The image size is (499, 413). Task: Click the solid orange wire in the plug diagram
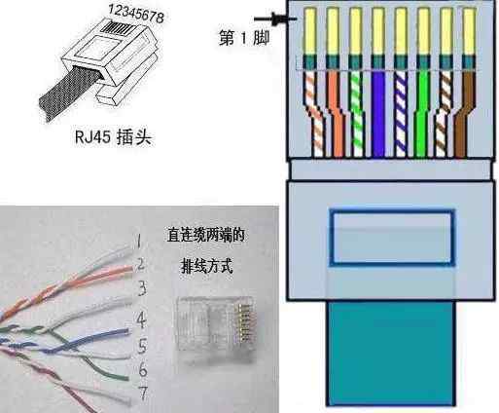[337, 114]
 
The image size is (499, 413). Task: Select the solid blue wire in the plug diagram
[378, 114]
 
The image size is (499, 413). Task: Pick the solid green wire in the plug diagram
[422, 114]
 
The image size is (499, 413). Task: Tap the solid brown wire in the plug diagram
[464, 114]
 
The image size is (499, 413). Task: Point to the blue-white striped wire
[401, 114]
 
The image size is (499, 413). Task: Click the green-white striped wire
[357, 114]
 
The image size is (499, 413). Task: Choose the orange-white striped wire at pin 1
[314, 114]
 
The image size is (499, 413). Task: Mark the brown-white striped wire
[444, 114]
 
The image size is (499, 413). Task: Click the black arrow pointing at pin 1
[275, 19]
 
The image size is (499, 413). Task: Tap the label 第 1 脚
[244, 38]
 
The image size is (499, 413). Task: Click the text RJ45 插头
[113, 137]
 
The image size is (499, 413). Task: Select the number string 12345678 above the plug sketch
[136, 14]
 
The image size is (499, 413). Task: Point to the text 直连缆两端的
[205, 235]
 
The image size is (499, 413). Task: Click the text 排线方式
[206, 267]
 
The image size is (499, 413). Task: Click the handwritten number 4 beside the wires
[141, 319]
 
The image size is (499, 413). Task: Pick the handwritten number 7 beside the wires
[143, 394]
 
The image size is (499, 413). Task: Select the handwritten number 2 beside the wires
[140, 264]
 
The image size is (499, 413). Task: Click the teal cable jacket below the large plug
[392, 354]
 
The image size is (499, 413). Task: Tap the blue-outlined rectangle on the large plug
[392, 211]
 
